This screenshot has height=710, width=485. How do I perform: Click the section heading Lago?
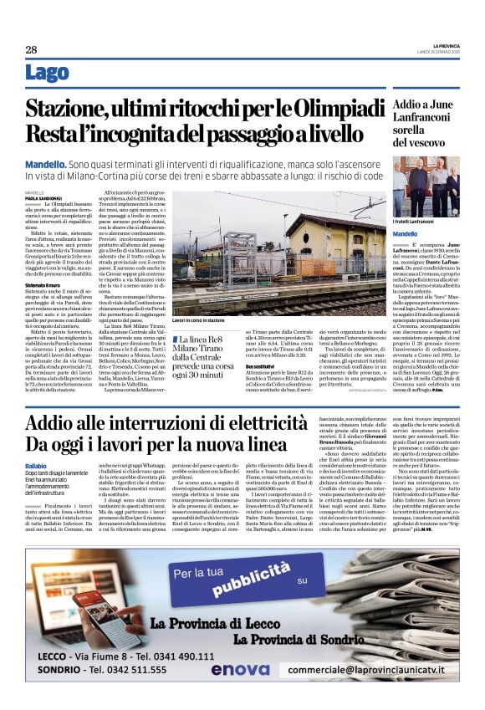[48, 74]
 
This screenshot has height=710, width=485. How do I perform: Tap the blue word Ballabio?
[36, 465]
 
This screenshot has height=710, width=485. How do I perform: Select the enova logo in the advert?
[241, 669]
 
